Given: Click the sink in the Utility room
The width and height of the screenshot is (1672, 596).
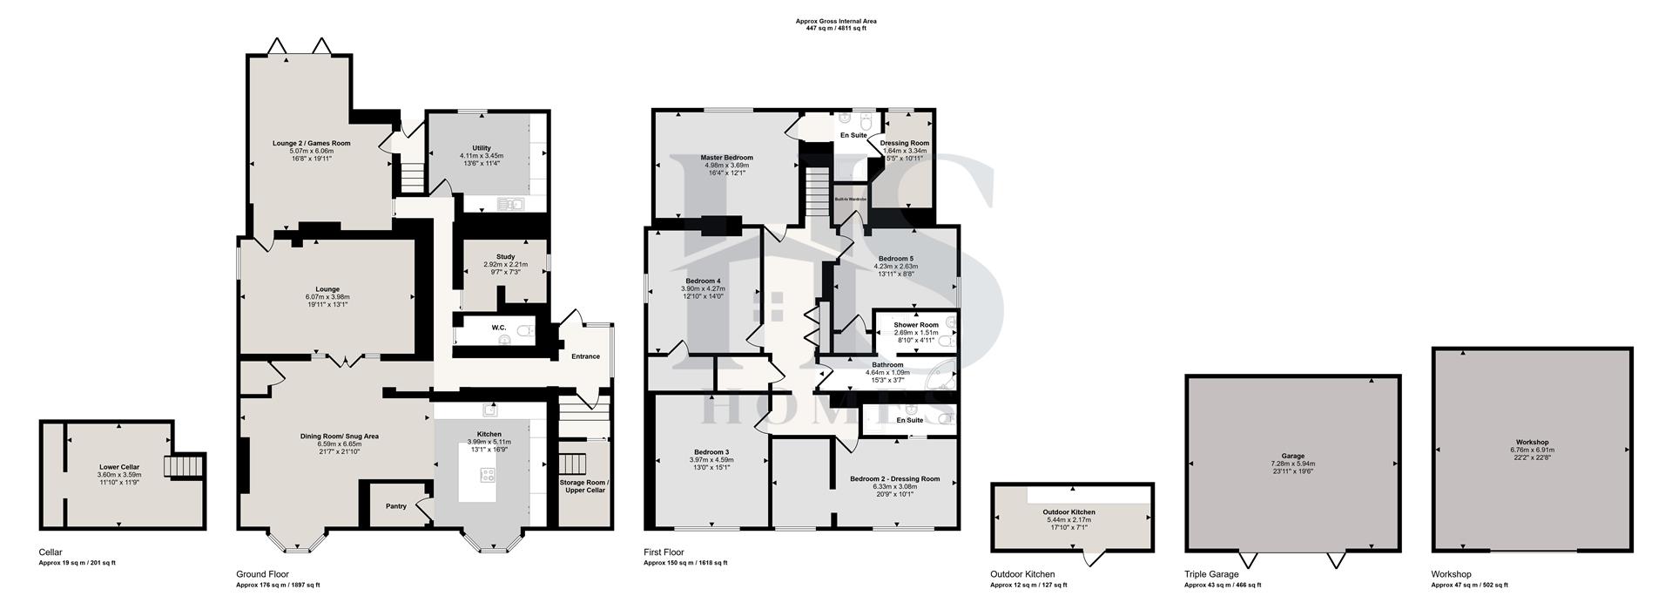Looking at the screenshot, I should click(509, 205).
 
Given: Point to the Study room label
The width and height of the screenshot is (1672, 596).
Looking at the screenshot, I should click(505, 257).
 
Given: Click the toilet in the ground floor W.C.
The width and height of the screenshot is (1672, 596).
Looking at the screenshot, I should click(525, 331).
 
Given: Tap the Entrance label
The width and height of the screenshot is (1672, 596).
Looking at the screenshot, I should click(585, 356).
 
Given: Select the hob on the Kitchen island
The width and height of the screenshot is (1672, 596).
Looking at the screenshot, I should click(489, 475).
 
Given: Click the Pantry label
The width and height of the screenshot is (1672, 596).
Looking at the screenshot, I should click(396, 506).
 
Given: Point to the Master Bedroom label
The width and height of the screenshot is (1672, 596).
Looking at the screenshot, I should click(726, 158).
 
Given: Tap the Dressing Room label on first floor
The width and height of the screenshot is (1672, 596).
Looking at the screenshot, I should click(904, 143).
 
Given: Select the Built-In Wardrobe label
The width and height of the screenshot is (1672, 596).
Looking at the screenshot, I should click(850, 200).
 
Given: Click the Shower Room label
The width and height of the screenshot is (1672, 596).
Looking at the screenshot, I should click(915, 325).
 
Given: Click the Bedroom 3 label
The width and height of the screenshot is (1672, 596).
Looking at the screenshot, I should click(709, 452).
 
